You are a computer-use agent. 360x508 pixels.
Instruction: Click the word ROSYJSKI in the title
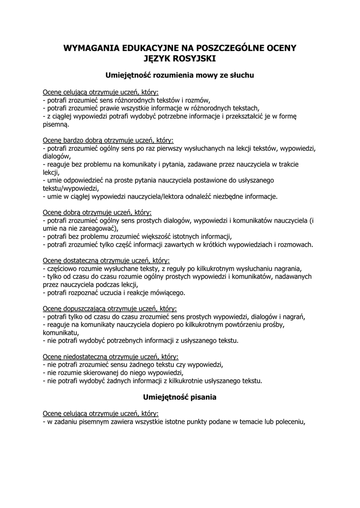click(x=198, y=59)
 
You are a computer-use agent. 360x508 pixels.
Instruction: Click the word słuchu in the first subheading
click(x=240, y=76)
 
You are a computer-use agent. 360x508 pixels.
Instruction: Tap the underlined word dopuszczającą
click(x=82, y=308)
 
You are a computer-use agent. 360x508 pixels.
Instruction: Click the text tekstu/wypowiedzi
click(x=71, y=189)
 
